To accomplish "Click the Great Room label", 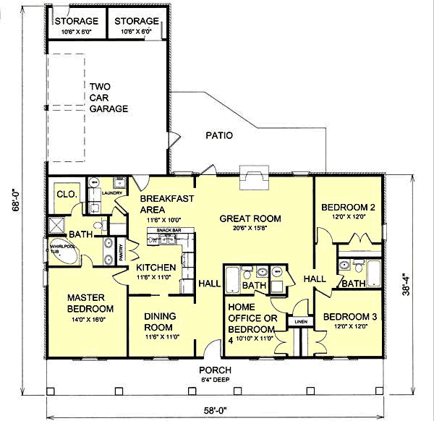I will click(251, 219).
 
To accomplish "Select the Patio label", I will click(218, 135).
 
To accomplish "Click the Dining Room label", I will click(161, 320).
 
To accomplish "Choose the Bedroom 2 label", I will click(349, 208).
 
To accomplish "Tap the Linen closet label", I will click(301, 322).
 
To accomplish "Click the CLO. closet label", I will click(63, 194).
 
